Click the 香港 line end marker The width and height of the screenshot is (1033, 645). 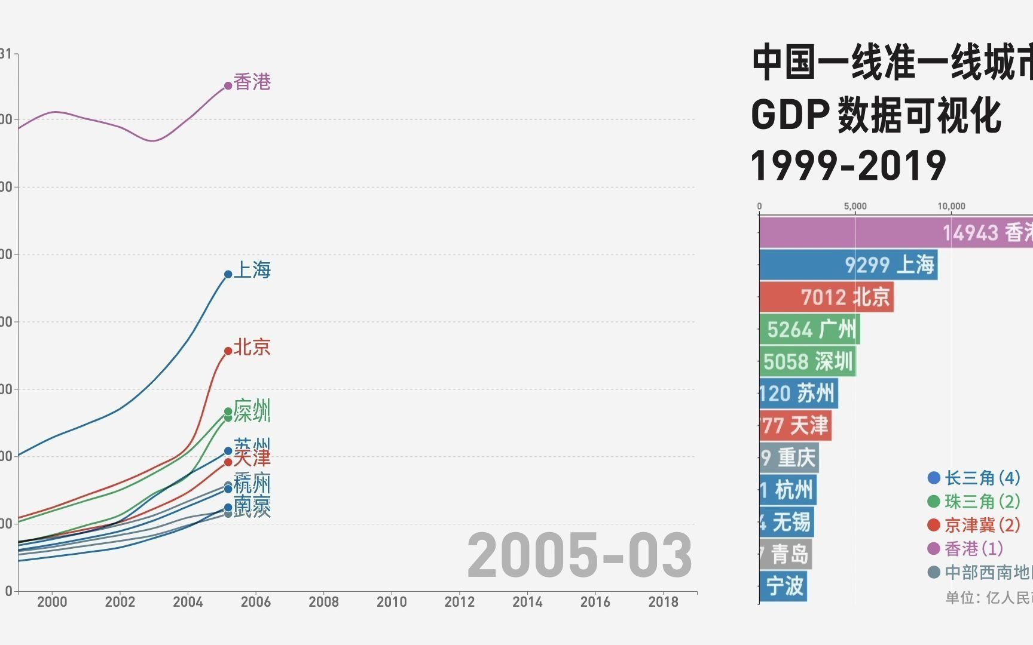[x=228, y=86]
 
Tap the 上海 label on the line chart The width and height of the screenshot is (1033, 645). [x=252, y=270]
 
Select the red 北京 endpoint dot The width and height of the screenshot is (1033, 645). [x=228, y=351]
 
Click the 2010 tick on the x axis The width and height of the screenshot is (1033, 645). [x=392, y=601]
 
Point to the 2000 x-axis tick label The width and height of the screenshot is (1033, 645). [x=52, y=601]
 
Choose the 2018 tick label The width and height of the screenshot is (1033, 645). [x=663, y=601]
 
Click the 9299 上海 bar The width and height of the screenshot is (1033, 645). [x=848, y=265]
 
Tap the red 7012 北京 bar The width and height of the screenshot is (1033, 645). [x=826, y=297]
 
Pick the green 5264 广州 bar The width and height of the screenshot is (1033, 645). [x=809, y=329]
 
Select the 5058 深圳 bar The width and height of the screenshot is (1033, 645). [x=807, y=361]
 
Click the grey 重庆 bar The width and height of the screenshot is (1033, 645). [x=788, y=458]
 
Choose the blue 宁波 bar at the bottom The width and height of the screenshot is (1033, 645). [x=783, y=586]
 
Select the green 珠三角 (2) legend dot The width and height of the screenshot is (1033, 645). [x=934, y=502]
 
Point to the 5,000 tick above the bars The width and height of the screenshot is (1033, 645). [x=855, y=206]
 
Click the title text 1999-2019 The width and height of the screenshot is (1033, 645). [x=848, y=165]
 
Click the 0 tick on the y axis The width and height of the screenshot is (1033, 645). [x=8, y=591]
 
